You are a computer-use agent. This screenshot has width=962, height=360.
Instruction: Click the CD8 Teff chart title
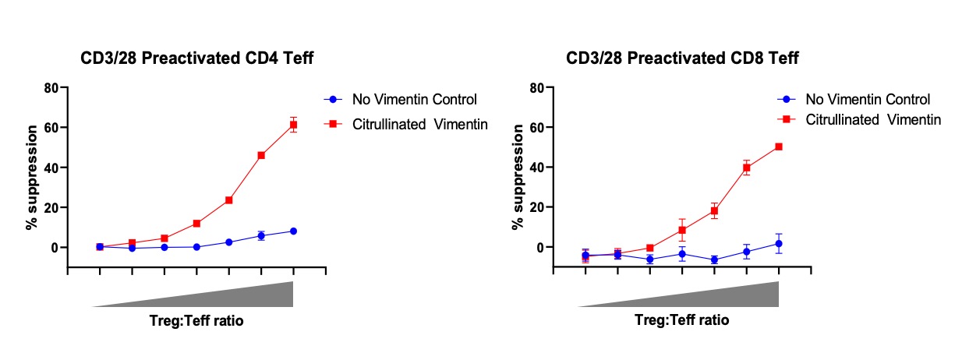click(x=682, y=58)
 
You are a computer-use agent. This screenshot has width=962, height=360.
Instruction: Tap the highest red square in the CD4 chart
click(x=293, y=125)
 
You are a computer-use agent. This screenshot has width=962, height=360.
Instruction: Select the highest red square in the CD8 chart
click(x=779, y=146)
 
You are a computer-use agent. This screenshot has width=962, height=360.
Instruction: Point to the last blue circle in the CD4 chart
click(x=293, y=231)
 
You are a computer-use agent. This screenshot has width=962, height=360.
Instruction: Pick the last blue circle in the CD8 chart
click(x=779, y=244)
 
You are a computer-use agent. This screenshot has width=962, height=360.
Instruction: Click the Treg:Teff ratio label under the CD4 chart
click(x=196, y=320)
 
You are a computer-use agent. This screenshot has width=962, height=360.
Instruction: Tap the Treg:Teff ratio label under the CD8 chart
click(x=681, y=320)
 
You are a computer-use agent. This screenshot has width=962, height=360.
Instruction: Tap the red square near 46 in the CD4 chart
click(x=261, y=155)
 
